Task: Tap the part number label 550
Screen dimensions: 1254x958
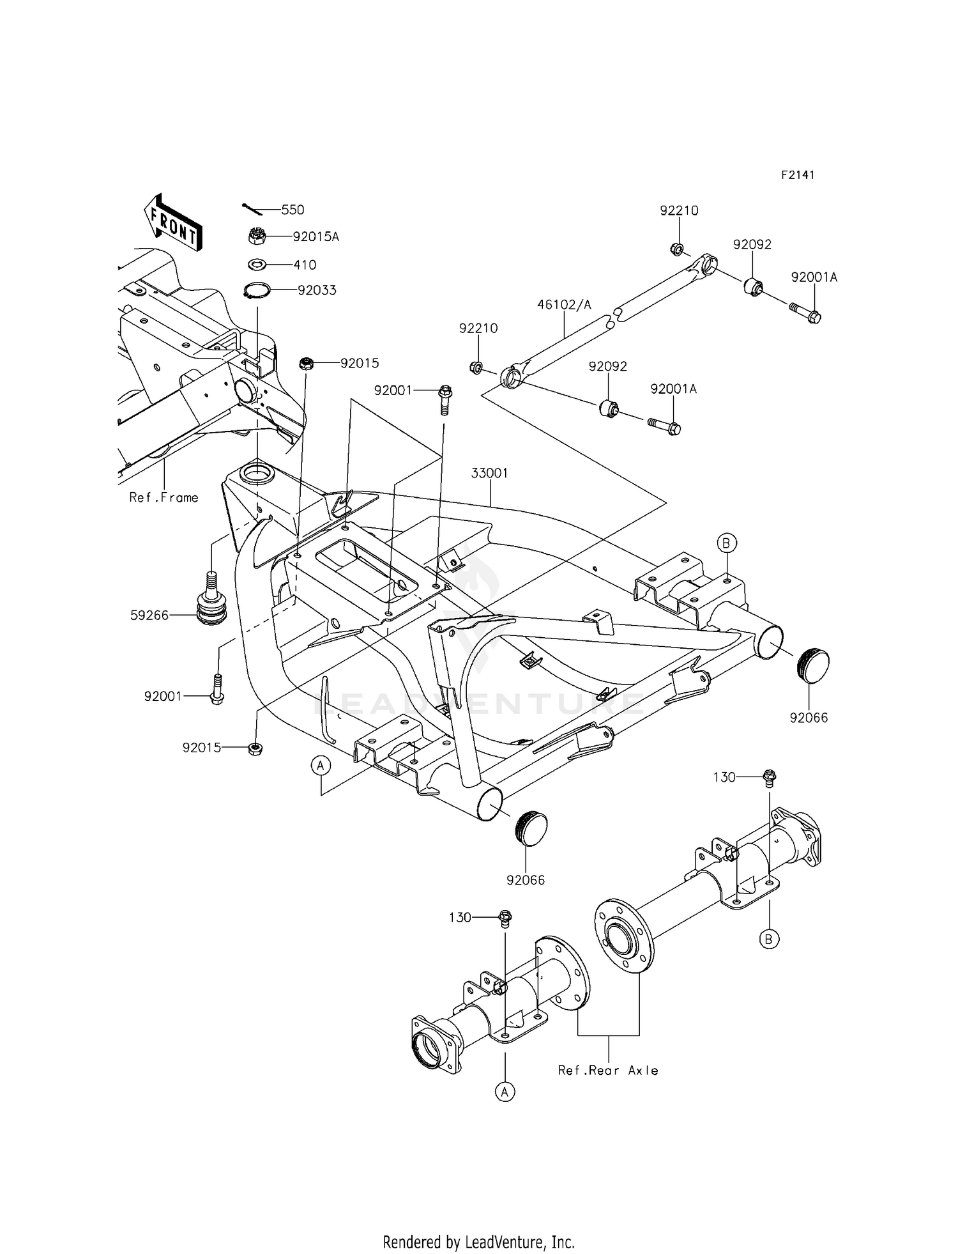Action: pos(293,210)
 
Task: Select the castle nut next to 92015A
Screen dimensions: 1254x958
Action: pos(257,236)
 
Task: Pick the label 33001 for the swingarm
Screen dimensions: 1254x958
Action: pos(490,474)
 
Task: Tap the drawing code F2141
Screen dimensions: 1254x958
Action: pos(798,175)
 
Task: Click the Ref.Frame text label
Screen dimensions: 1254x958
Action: pos(163,497)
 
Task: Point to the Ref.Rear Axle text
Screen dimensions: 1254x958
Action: pos(607,1070)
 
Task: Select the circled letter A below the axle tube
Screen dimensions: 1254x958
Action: pos(505,1092)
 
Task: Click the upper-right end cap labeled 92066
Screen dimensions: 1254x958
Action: pos(813,666)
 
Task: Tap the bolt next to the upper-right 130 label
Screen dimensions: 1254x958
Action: pos(769,778)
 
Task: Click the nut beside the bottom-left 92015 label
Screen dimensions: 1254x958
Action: pos(255,748)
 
